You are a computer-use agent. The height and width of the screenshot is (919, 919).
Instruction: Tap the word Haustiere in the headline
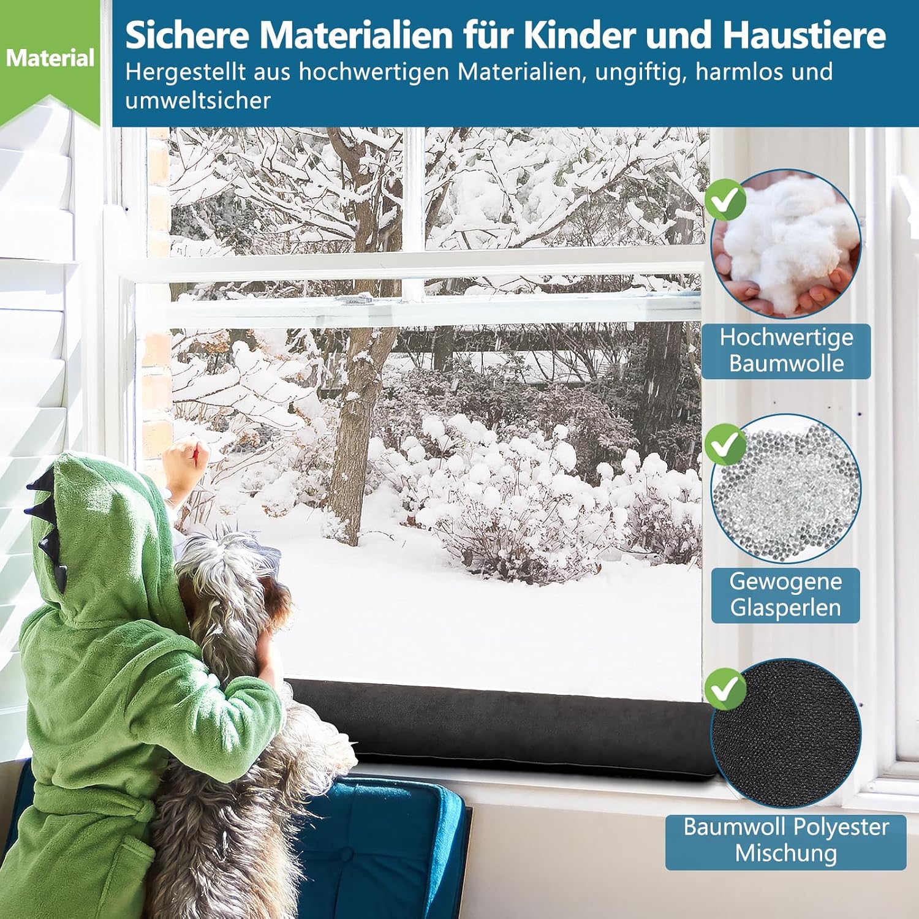point(804,35)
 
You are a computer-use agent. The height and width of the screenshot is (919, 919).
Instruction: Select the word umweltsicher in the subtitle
point(197,100)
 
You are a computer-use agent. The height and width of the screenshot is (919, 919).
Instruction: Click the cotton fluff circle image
point(786,244)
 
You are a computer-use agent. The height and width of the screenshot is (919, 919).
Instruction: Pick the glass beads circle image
point(786,488)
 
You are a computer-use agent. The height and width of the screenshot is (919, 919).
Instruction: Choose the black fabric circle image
point(786,733)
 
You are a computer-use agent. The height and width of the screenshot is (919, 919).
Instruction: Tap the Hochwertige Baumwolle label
point(786,350)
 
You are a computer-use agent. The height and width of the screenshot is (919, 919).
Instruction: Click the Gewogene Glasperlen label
point(785,595)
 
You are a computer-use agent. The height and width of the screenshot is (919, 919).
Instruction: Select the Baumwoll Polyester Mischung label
point(786,841)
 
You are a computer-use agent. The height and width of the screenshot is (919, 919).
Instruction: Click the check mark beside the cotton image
point(725,200)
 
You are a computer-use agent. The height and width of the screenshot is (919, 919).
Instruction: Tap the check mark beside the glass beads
point(725,444)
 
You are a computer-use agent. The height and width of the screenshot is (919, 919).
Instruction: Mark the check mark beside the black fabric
point(725,689)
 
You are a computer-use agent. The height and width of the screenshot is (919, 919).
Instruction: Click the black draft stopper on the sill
point(502,729)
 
